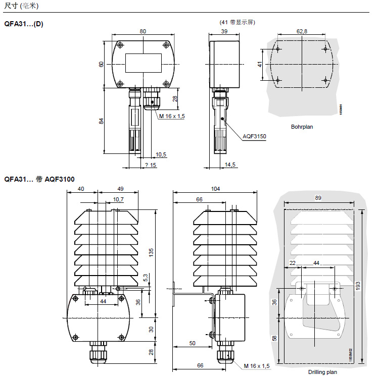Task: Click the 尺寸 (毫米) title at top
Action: [21, 6]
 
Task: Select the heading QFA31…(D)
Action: [24, 24]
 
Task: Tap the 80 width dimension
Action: [143, 31]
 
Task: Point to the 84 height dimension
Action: [101, 121]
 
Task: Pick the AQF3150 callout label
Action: [254, 136]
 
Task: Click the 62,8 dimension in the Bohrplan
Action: [302, 31]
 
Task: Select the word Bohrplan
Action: [302, 127]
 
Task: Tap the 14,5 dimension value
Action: [230, 165]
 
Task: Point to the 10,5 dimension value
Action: [161, 154]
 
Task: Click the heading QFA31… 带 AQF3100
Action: [39, 179]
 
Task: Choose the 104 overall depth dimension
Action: [216, 188]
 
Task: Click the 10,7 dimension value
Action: [118, 199]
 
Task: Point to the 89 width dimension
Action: [318, 198]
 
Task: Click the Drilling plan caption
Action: [322, 372]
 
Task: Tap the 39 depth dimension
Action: [224, 31]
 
